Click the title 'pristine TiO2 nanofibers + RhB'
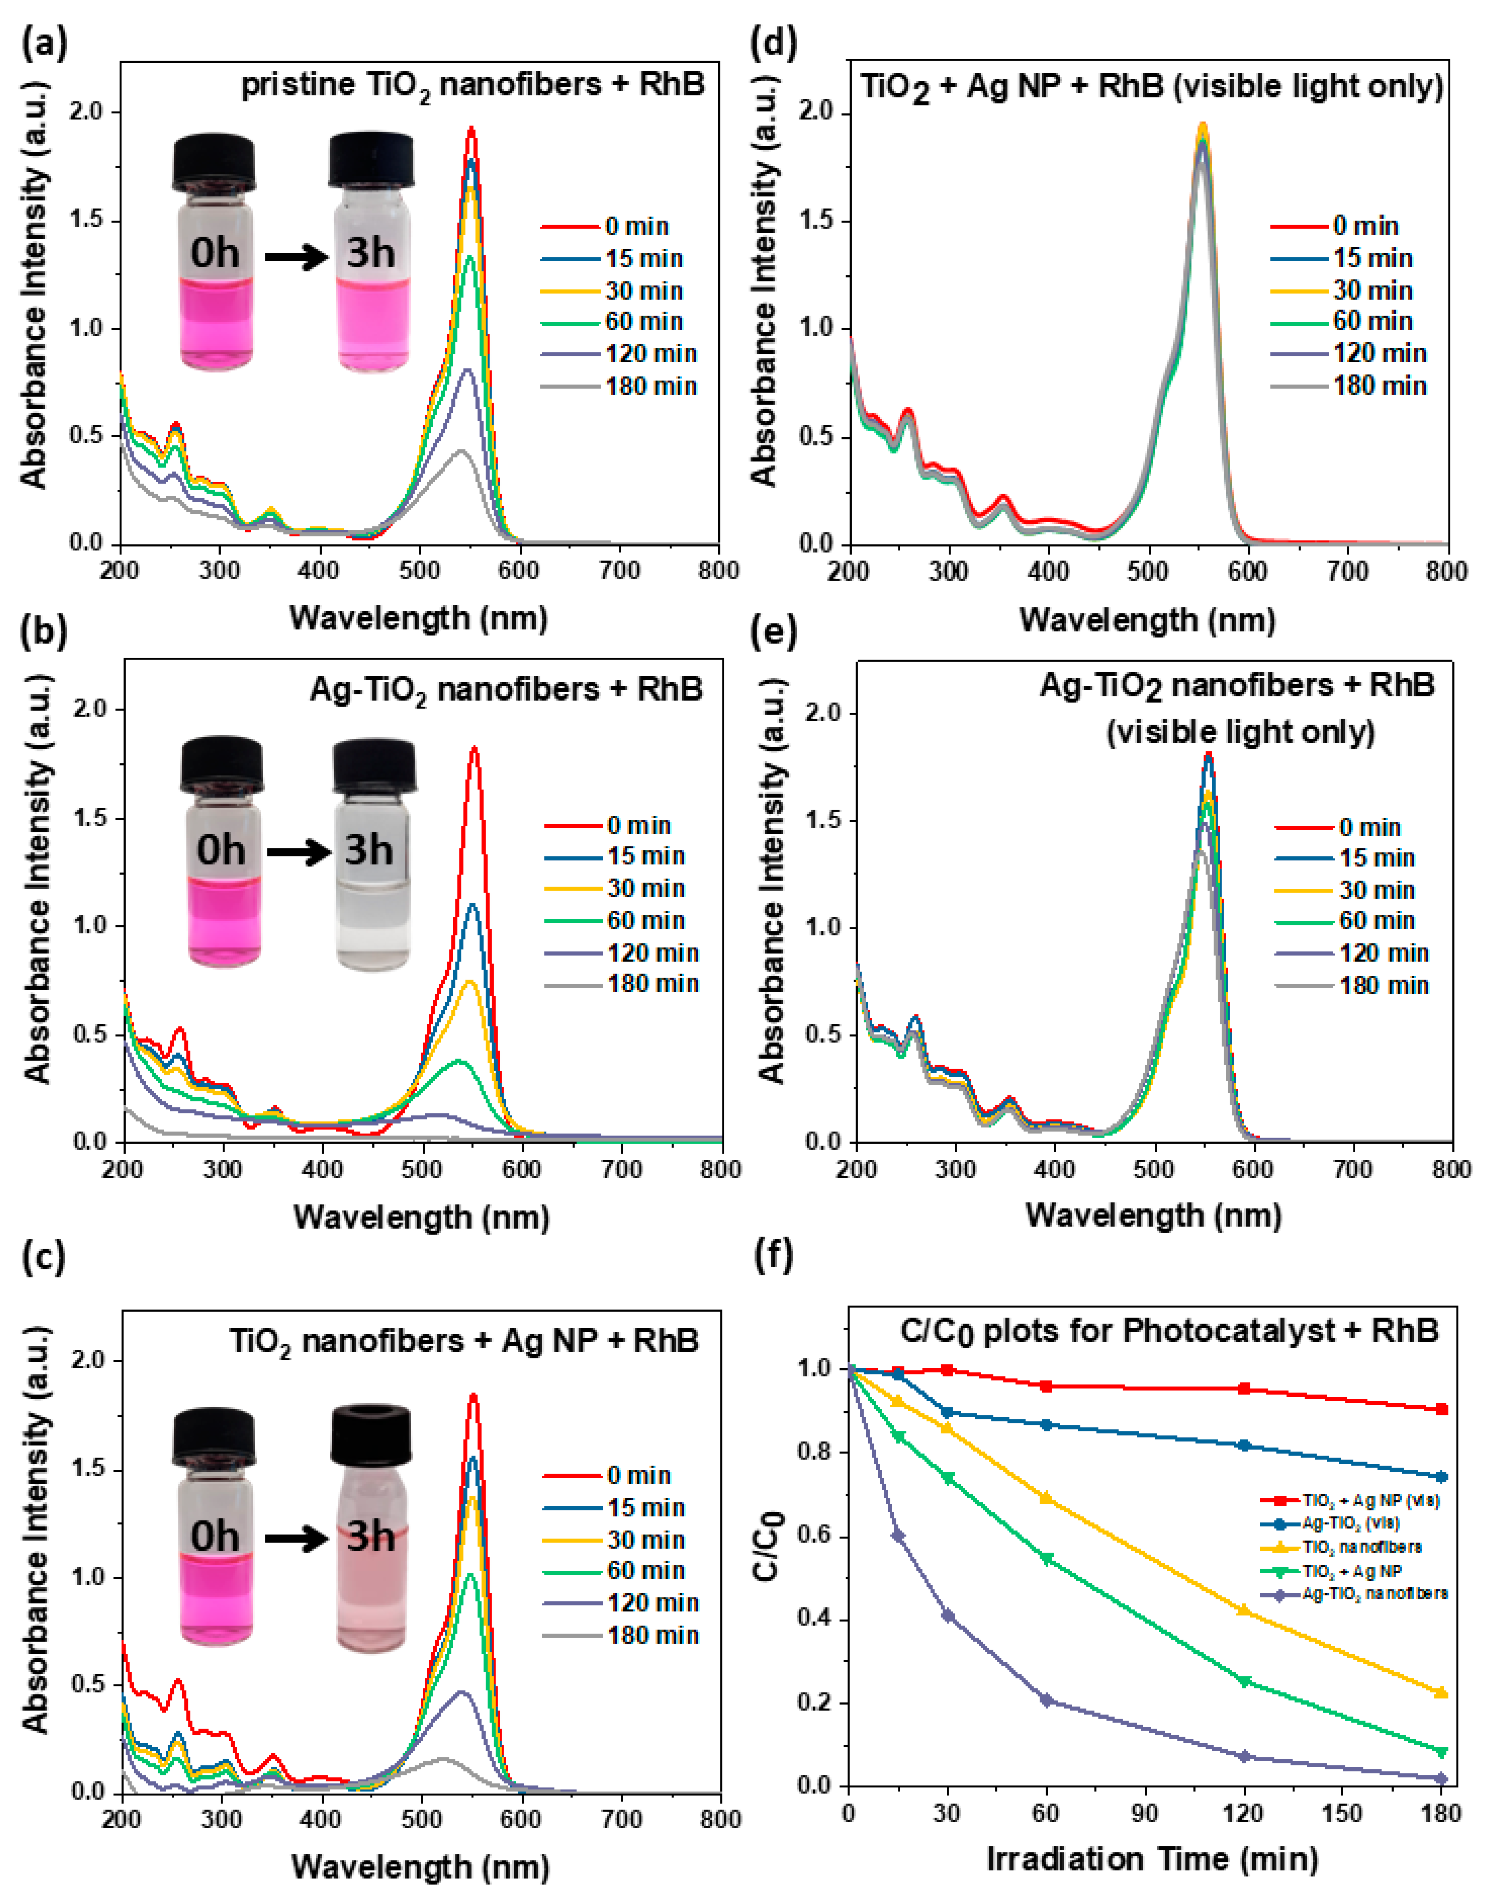(473, 86)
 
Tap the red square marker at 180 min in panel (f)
(1442, 1409)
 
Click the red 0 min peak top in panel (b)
(475, 748)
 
